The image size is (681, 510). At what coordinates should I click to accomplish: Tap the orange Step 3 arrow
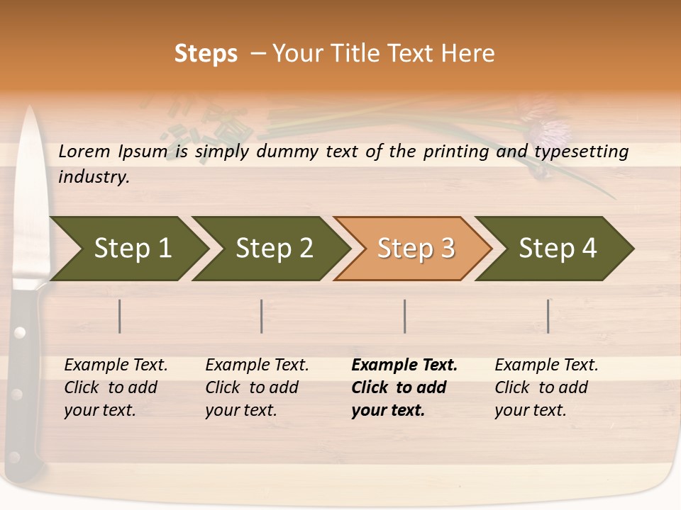pos(416,249)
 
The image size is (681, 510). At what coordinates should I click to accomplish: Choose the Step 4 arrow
pos(558,249)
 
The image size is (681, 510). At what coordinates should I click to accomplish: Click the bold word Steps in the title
pos(206,54)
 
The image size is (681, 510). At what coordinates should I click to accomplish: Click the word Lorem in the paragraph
pos(84,151)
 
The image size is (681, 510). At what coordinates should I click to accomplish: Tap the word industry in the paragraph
pos(94,176)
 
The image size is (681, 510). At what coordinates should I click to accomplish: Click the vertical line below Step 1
pos(120,316)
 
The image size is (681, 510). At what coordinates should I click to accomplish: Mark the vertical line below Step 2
pos(262,316)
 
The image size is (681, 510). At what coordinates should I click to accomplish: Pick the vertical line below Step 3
pos(404,316)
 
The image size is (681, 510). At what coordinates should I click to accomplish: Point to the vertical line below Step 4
pos(548,316)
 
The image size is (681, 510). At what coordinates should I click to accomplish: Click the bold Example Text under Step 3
pos(404,365)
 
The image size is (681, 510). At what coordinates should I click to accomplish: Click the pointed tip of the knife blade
pos(31,109)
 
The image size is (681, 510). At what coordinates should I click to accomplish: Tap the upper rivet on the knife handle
pos(20,331)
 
